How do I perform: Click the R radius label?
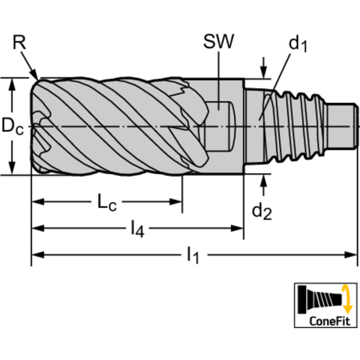coord(19,42)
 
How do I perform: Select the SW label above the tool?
coord(219,42)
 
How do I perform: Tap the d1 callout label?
coord(298,44)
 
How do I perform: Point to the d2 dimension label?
coord(262,212)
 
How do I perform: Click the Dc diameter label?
coord(13,127)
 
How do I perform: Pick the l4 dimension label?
coord(138,229)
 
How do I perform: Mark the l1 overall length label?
coord(193,255)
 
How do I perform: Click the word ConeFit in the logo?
coord(329,321)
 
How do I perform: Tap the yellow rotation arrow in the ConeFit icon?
coord(347,299)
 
